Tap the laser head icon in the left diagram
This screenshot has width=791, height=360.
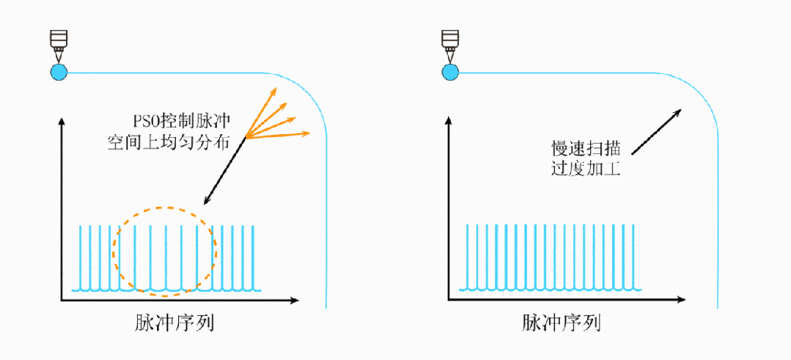point(58,45)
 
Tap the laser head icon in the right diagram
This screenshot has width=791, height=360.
point(449,45)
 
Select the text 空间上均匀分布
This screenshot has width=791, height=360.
point(168,142)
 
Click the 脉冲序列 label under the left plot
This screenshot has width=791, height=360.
point(174,323)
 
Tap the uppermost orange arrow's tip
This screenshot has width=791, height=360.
point(276,89)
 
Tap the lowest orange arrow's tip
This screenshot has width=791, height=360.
point(310,133)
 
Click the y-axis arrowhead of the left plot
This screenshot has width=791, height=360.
point(62,120)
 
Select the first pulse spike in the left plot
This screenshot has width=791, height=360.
point(80,257)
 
